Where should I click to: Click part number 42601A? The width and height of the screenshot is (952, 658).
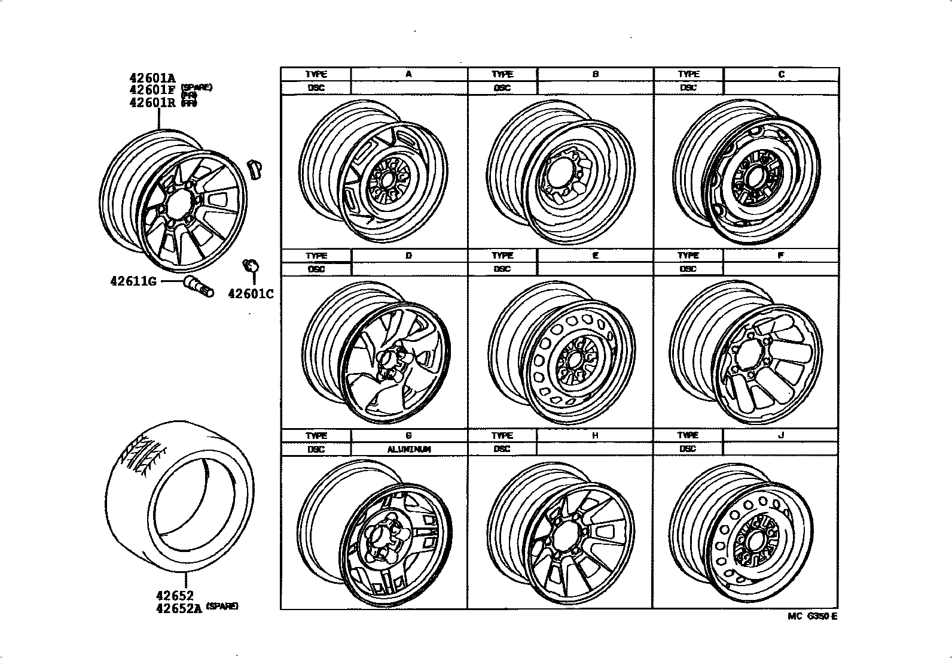pyautogui.click(x=152, y=77)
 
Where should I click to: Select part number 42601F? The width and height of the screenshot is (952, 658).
pyautogui.click(x=152, y=90)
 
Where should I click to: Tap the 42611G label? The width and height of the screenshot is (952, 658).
pyautogui.click(x=133, y=280)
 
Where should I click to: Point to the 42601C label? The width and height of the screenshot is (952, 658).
pyautogui.click(x=251, y=294)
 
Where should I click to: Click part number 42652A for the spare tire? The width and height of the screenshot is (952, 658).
pyautogui.click(x=179, y=608)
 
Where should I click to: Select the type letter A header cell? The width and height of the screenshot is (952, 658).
pyautogui.click(x=408, y=74)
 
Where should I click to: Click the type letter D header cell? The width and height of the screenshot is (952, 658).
pyautogui.click(x=408, y=256)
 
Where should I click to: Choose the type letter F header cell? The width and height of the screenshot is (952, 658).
pyautogui.click(x=781, y=256)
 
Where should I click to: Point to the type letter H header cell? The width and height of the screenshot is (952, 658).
pyautogui.click(x=595, y=436)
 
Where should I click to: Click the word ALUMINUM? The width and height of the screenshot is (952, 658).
pyautogui.click(x=409, y=449)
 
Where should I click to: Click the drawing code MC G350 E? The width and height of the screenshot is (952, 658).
pyautogui.click(x=812, y=617)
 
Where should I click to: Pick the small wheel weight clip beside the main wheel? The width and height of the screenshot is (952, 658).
pyautogui.click(x=255, y=169)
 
